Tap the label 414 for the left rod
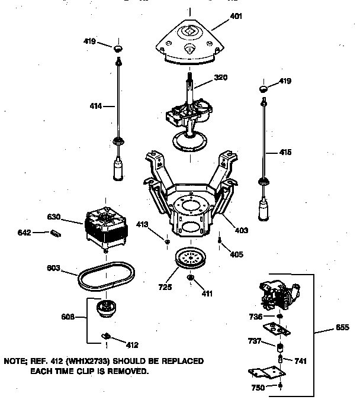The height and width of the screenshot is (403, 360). tap(95, 107)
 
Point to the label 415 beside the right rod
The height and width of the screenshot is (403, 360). tap(285, 152)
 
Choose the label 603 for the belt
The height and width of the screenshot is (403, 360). tap(54, 268)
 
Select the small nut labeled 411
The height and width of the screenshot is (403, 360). tap(191, 278)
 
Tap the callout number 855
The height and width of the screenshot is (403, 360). tap(343, 327)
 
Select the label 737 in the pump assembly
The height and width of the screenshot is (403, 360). tap(255, 340)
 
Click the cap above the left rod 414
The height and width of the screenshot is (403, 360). tap(118, 47)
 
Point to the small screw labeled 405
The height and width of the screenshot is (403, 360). tap(220, 241)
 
